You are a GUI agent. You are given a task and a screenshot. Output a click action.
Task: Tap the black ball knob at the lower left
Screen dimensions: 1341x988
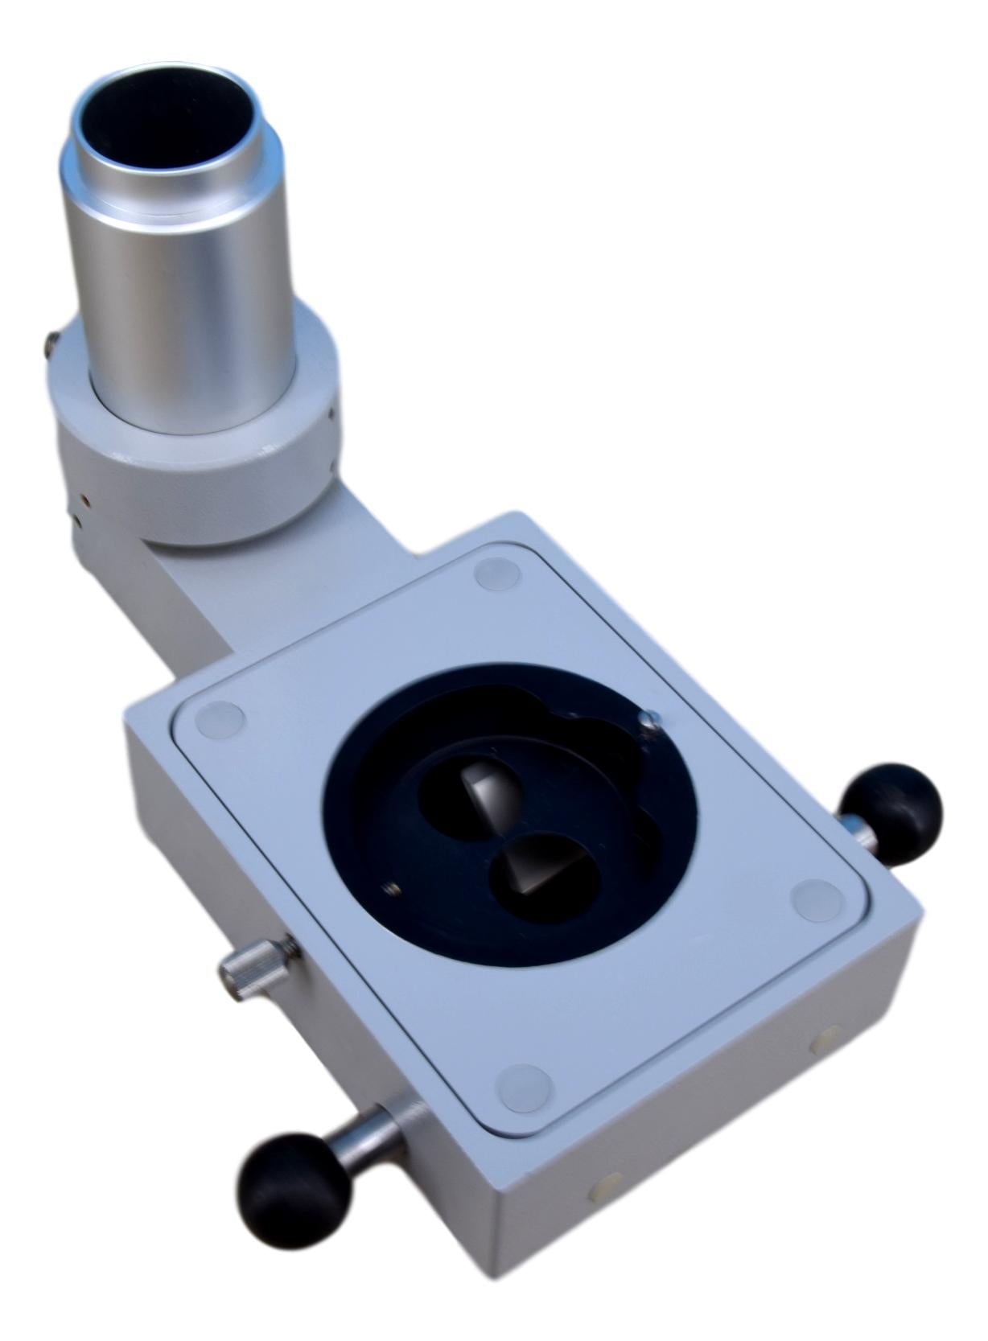click(x=294, y=1190)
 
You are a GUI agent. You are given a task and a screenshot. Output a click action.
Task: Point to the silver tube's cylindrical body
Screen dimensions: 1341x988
click(x=185, y=298)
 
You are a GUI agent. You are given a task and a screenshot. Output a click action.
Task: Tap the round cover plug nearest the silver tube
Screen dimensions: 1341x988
click(x=494, y=574)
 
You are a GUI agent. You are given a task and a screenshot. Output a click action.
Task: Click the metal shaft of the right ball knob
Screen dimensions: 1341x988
click(x=858, y=832)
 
